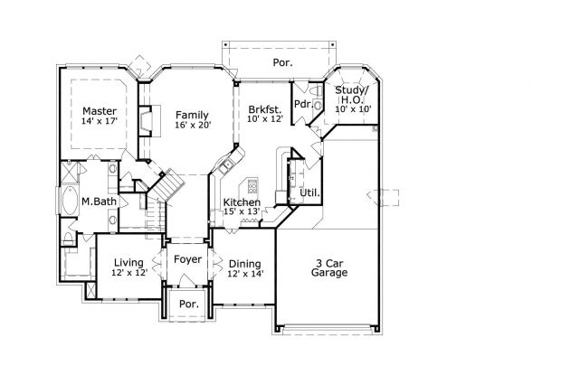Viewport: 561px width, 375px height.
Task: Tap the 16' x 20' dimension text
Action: click(x=192, y=126)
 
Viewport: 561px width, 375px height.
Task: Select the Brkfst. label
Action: click(x=264, y=108)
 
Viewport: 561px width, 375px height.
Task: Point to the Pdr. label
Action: click(x=303, y=104)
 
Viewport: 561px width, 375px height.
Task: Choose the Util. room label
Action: click(x=309, y=192)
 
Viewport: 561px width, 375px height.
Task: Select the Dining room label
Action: click(x=245, y=263)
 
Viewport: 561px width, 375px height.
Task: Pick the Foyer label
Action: click(x=187, y=259)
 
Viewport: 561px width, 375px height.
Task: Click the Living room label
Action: click(x=128, y=262)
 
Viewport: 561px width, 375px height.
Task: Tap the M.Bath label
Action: click(x=97, y=202)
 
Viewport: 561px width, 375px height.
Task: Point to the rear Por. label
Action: click(x=283, y=63)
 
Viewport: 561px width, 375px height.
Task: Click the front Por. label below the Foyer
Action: click(x=188, y=303)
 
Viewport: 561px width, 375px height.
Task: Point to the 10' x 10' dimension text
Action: click(x=353, y=109)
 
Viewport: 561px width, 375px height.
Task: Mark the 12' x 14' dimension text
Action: click(x=245, y=274)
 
